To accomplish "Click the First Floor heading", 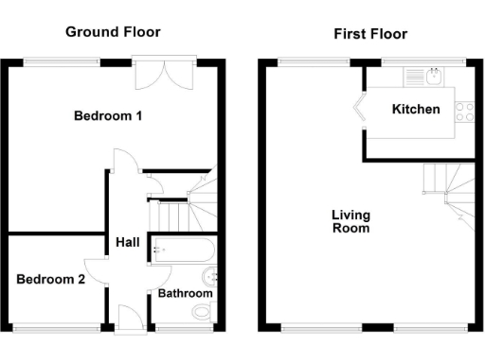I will [x=370, y=34].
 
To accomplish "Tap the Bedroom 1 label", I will [x=108, y=117].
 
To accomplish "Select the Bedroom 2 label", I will [x=50, y=280].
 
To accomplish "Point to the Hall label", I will [x=128, y=243].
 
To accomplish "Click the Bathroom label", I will [x=185, y=294].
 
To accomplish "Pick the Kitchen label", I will [x=416, y=110].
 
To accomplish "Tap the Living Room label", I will [x=350, y=221].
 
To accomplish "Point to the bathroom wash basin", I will [x=215, y=279].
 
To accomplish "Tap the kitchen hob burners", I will [x=464, y=112].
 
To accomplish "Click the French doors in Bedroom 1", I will [x=166, y=75].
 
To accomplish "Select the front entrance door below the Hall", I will [x=127, y=320].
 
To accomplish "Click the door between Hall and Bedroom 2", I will [x=97, y=270].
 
